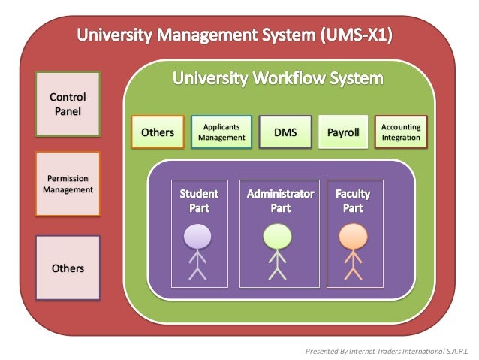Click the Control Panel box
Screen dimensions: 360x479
68,104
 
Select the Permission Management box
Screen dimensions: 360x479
68,184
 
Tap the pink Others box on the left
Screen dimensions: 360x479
68,268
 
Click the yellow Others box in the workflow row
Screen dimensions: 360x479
157,132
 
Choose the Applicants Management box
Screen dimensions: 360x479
221,132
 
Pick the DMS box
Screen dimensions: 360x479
285,132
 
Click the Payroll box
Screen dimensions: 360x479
343,132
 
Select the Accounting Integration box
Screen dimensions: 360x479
401,132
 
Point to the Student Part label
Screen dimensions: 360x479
199,201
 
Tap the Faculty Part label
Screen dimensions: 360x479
352,201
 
